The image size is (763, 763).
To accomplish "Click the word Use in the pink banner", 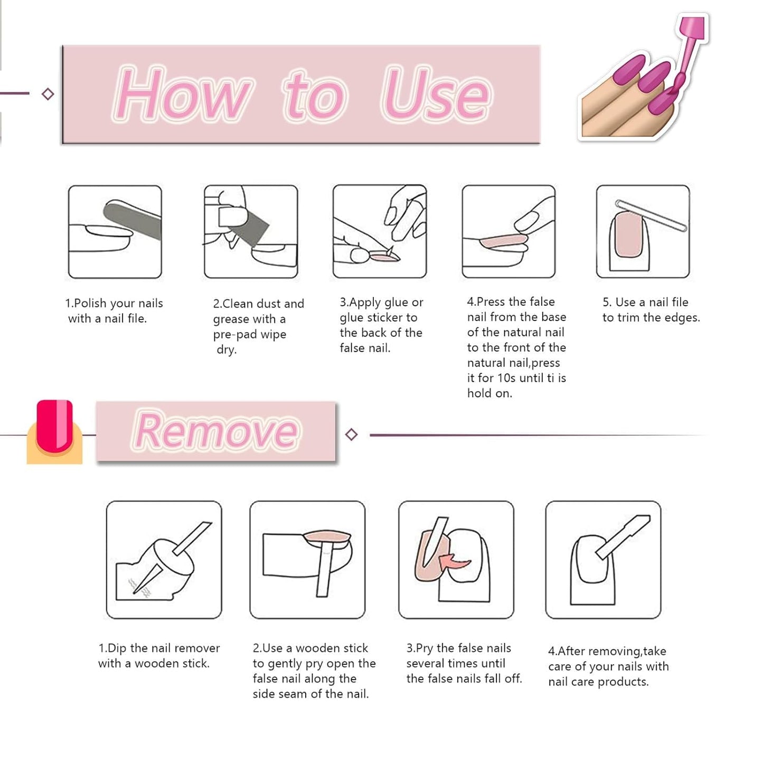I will click(436, 95).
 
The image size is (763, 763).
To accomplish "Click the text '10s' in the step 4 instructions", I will click(506, 378).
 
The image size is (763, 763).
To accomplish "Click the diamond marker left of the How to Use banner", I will click(48, 94).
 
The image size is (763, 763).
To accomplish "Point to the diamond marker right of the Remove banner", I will click(351, 435).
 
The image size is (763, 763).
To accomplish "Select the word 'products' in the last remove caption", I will click(623, 682).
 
